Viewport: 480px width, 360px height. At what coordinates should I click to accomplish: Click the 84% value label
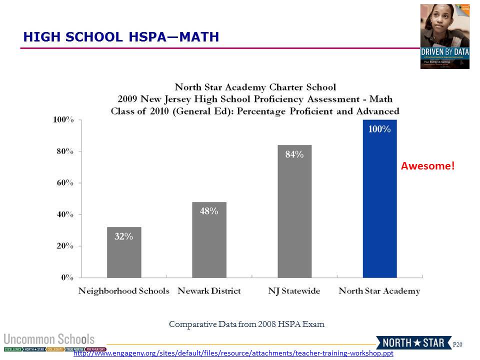point(294,154)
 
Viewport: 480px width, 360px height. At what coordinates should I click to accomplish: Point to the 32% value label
point(124,237)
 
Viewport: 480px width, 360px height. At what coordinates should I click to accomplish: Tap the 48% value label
point(209,211)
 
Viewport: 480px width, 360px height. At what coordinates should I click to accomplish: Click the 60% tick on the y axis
point(63,183)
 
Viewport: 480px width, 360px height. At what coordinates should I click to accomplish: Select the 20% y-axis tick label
point(63,246)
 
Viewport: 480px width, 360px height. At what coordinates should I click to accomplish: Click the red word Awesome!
point(428,166)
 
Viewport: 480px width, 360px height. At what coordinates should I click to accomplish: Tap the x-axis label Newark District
point(209,291)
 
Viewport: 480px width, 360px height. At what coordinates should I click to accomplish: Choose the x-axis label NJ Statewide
point(294,291)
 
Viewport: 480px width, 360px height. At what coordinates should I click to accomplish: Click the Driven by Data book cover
point(444,36)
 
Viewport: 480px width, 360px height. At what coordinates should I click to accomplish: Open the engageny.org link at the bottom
point(233,353)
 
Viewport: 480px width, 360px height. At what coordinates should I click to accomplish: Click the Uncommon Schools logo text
point(49,338)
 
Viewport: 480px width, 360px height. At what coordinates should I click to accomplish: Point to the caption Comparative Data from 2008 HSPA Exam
point(246,324)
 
